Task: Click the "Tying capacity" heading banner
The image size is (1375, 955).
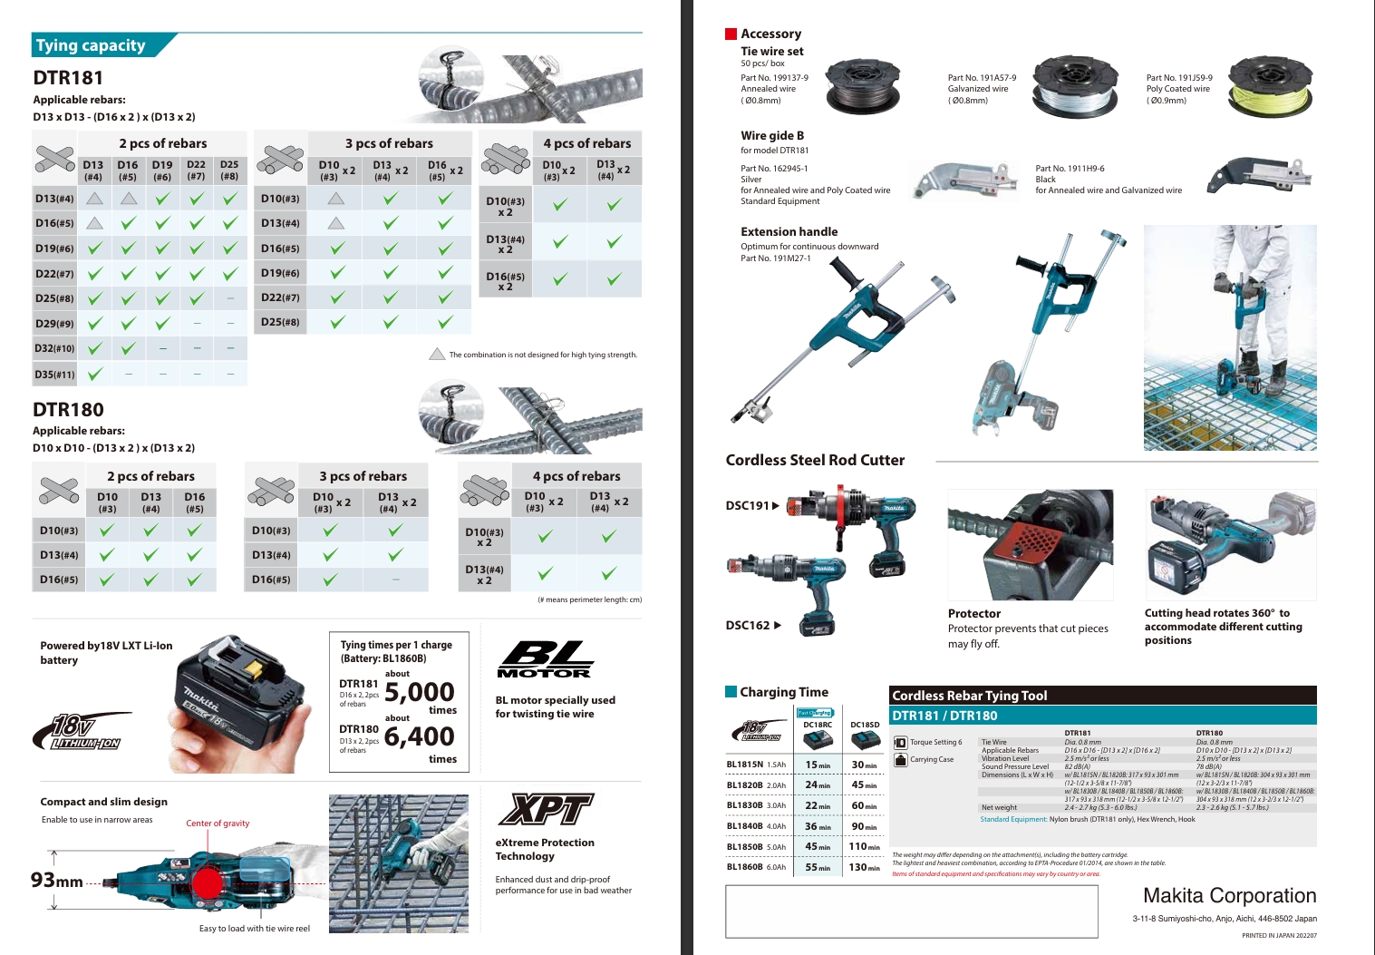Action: [91, 45]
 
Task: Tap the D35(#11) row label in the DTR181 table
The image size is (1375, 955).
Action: [54, 374]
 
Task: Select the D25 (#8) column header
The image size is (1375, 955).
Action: [229, 171]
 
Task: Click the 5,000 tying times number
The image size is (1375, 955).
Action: [420, 692]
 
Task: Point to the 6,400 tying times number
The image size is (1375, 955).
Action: [420, 736]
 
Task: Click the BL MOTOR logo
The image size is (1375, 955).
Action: [545, 660]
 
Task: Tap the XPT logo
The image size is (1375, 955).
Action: [545, 809]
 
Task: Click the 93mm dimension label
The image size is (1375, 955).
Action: [57, 880]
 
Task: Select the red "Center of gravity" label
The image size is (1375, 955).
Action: [218, 823]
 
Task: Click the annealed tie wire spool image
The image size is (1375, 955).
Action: [863, 86]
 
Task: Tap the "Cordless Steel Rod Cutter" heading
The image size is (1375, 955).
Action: [815, 460]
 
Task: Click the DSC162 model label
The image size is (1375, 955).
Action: [749, 625]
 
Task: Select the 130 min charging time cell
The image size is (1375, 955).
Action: [864, 867]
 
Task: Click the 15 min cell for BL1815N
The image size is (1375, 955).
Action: [818, 765]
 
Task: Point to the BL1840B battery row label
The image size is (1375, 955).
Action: [744, 826]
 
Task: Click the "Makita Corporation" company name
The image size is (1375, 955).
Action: [1229, 895]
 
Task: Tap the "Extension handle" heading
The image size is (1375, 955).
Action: [789, 232]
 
